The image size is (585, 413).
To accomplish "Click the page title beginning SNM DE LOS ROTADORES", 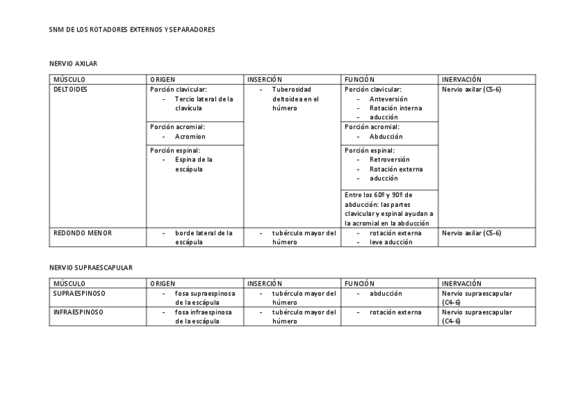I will [132, 30].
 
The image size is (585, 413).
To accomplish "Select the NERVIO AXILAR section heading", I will [73, 63].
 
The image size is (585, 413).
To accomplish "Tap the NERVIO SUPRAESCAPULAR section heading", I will [91, 268].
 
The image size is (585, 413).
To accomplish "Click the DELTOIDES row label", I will [70, 90].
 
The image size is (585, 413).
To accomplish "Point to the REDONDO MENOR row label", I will [83, 233].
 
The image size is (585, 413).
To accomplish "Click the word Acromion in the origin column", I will [190, 137].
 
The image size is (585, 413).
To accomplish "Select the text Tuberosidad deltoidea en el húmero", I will [295, 99].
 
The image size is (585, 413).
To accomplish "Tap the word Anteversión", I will [388, 99].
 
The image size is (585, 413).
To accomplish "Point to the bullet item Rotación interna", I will [395, 108].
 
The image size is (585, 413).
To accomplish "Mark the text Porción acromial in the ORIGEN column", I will [178, 127].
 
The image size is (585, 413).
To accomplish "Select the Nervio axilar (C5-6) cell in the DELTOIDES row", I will [471, 90].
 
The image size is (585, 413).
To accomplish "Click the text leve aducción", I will [391, 242].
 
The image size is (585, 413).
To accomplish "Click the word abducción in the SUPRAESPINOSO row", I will [386, 293].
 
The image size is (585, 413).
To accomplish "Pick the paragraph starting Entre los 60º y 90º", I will [389, 209].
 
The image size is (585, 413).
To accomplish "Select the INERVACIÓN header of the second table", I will [462, 283].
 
